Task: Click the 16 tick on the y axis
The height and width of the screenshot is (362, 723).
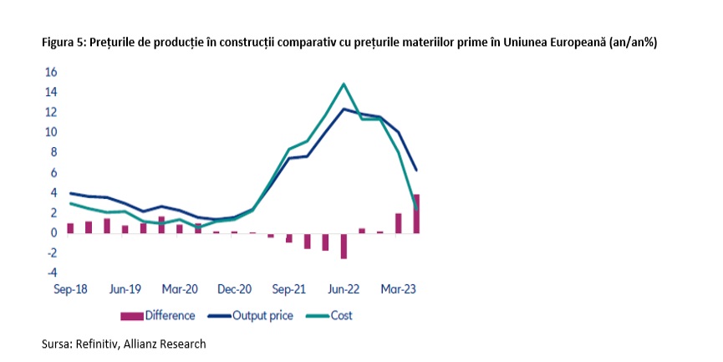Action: tap(51, 73)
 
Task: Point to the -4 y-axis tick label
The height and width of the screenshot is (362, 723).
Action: tap(51, 273)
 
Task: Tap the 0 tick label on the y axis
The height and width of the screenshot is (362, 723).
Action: tap(54, 233)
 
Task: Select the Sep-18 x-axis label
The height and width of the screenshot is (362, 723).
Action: tap(70, 289)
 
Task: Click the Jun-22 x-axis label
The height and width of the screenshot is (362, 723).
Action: tap(344, 289)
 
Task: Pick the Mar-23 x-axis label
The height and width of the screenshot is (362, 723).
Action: tap(399, 289)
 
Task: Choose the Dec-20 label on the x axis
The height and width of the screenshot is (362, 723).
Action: tap(235, 289)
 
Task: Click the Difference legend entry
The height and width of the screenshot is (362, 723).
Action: tap(158, 315)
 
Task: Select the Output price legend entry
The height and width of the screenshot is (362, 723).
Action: tap(251, 315)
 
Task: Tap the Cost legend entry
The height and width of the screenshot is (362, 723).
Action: tap(329, 315)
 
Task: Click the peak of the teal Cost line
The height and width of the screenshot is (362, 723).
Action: tap(344, 84)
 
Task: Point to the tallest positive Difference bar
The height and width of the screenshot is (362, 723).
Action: tap(416, 214)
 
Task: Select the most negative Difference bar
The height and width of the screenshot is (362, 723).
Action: tap(344, 246)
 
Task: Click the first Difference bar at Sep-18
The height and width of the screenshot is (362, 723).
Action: tap(70, 228)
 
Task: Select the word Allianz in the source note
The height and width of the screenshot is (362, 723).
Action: tap(140, 344)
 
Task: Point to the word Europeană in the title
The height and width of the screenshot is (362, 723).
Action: tap(581, 43)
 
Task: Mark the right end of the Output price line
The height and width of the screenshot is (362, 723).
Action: tap(416, 171)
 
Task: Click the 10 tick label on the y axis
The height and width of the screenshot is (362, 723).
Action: tap(51, 132)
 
